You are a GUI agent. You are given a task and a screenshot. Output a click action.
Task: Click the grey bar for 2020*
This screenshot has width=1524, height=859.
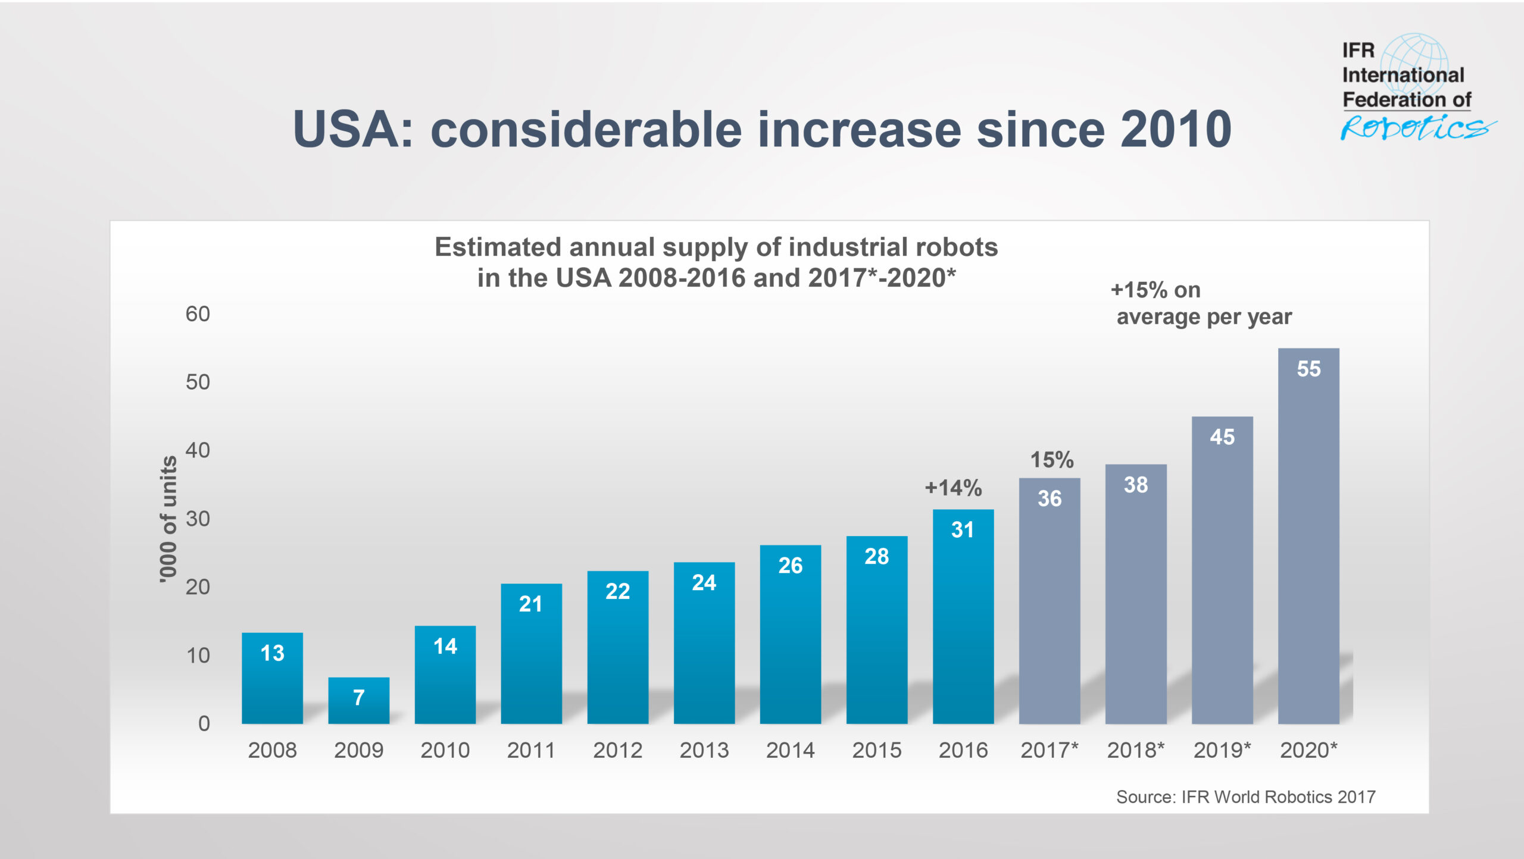(1308, 535)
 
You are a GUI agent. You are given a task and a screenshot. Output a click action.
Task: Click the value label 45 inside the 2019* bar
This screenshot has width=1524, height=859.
(1222, 437)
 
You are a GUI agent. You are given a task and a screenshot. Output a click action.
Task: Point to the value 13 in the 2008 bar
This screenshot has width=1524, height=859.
(272, 653)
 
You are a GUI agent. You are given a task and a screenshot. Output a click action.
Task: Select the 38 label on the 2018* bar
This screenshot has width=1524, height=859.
(1135, 485)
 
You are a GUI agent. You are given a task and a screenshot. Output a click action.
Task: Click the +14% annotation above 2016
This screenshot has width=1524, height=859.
(952, 488)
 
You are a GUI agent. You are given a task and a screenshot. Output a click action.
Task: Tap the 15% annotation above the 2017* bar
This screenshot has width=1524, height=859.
(1051, 460)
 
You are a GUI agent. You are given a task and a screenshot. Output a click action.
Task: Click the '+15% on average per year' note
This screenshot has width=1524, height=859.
(1201, 303)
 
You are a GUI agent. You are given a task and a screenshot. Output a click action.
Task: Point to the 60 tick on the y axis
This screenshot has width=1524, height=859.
(198, 314)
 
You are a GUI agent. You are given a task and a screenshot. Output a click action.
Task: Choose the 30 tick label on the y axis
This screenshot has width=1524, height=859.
(198, 519)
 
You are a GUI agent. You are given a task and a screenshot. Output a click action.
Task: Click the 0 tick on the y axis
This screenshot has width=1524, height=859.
(204, 723)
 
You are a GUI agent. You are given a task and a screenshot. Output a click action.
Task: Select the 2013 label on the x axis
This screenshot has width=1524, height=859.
(704, 750)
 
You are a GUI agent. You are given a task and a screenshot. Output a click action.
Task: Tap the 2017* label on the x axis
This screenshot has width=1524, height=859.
(1049, 750)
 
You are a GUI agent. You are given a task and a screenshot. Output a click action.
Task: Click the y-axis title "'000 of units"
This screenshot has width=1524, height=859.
(168, 519)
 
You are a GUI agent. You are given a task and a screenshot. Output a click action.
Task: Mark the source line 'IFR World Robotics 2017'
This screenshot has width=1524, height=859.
(1245, 797)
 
